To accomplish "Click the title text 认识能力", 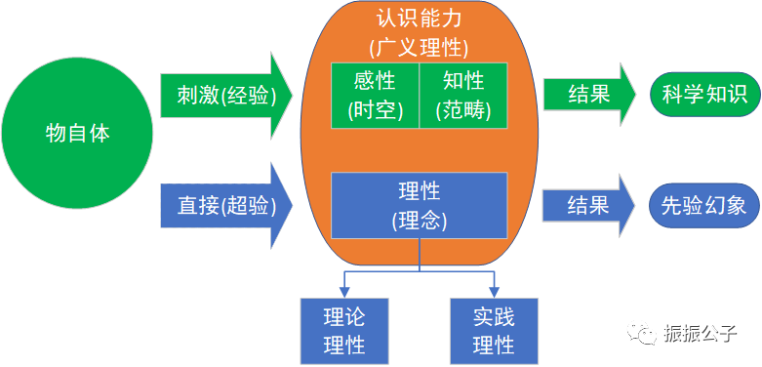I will tap(419, 19).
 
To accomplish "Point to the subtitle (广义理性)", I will tap(419, 47).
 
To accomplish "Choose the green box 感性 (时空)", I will tap(376, 96).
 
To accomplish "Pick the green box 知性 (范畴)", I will tap(463, 96).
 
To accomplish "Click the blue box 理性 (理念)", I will tap(419, 205).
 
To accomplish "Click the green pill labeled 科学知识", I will tap(703, 95).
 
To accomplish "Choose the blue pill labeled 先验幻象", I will tap(703, 205).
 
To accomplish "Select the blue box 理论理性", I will tap(344, 330).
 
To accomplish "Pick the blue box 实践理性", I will tap(494, 330).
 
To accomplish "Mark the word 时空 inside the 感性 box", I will tap(376, 110).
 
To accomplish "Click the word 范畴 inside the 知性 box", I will tap(463, 110).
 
